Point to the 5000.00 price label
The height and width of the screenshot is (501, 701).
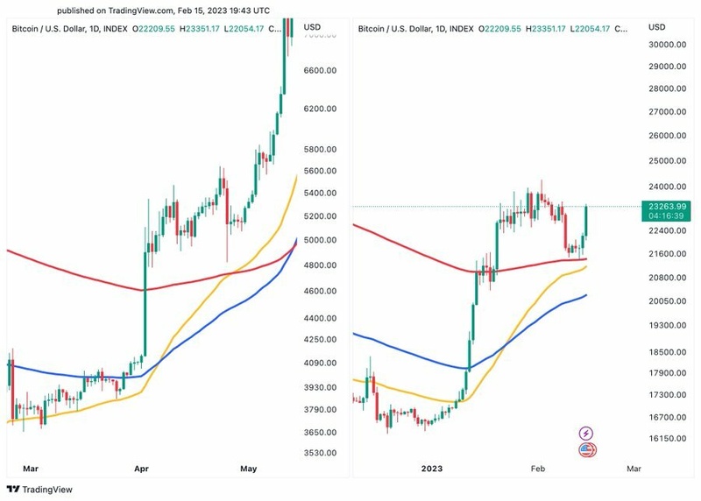point(321,240)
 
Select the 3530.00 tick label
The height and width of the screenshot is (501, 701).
point(321,453)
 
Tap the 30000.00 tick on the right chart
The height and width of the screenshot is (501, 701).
point(667,45)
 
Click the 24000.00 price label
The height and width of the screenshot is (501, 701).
point(667,187)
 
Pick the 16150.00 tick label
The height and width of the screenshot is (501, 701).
point(667,439)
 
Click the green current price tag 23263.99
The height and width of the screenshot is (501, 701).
point(667,207)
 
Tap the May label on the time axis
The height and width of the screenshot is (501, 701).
point(248,469)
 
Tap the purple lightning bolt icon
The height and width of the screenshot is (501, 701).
point(587,433)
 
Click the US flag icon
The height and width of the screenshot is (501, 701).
point(587,450)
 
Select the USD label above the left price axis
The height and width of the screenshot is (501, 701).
point(312,28)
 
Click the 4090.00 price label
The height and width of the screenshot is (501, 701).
point(321,363)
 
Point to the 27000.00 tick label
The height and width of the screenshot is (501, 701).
point(667,112)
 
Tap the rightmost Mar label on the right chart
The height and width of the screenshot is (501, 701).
point(634,469)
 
